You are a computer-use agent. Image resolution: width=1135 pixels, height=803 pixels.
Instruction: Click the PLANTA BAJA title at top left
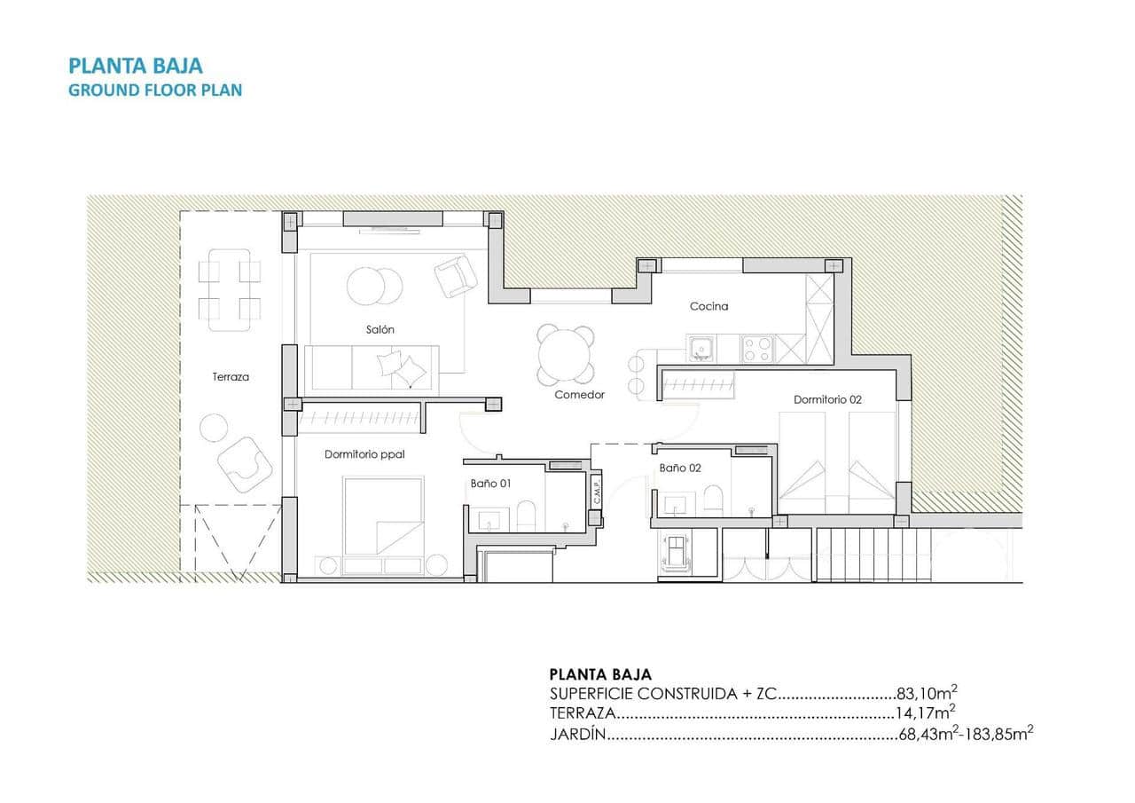tap(136, 66)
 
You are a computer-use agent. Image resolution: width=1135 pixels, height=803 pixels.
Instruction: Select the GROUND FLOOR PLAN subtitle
tap(155, 90)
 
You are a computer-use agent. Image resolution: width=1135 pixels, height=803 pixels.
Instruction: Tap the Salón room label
tap(380, 329)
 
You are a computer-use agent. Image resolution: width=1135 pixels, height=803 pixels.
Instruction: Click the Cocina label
tap(709, 306)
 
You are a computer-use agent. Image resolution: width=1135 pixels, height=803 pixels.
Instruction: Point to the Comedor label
tap(579, 395)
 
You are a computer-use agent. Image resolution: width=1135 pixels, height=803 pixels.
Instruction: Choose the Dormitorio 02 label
tap(827, 399)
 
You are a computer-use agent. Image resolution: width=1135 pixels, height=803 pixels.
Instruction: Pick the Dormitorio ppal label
tap(364, 454)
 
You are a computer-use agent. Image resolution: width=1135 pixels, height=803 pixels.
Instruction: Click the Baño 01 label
tap(491, 484)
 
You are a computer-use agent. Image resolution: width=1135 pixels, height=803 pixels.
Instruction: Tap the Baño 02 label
tap(680, 468)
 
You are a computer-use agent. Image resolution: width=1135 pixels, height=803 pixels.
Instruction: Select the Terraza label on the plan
tap(231, 376)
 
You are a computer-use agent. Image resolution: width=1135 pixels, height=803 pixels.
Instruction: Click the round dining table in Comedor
tap(566, 352)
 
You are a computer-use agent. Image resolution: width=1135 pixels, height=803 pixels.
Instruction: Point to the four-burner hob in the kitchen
tap(757, 349)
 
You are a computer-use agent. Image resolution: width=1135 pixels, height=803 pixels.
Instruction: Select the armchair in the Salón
tap(455, 276)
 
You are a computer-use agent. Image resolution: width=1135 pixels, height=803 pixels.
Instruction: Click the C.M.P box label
tap(597, 492)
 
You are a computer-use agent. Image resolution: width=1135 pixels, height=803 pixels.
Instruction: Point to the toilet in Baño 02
tap(714, 499)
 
